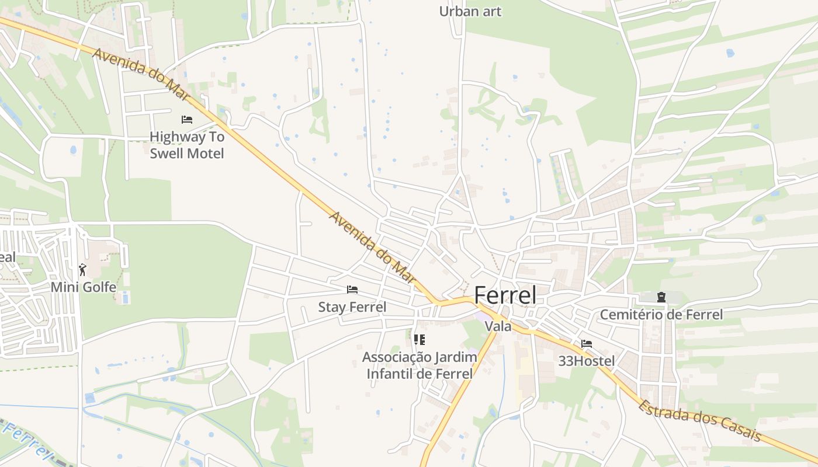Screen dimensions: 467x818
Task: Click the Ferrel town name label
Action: tap(505, 295)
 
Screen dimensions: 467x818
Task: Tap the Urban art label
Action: tap(470, 11)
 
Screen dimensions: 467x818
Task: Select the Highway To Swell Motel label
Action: tap(187, 145)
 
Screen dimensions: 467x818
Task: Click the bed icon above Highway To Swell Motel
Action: tap(187, 120)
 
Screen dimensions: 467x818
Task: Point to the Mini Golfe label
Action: tap(83, 287)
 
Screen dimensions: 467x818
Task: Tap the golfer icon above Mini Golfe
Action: tap(82, 270)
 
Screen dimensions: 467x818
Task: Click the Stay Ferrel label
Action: tap(352, 307)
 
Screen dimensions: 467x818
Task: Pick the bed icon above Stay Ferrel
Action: tap(352, 290)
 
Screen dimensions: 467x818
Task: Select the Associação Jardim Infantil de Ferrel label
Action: tap(420, 365)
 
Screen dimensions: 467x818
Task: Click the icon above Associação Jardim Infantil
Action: tap(419, 339)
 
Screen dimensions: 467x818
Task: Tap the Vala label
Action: tap(498, 326)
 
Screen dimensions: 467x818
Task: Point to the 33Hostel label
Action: tap(586, 361)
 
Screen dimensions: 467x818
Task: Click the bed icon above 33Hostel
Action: tap(586, 344)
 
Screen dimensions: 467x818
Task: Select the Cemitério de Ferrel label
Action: tap(661, 315)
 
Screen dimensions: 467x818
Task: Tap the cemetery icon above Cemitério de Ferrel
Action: tap(661, 297)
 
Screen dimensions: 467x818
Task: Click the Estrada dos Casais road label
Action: tap(699, 420)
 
